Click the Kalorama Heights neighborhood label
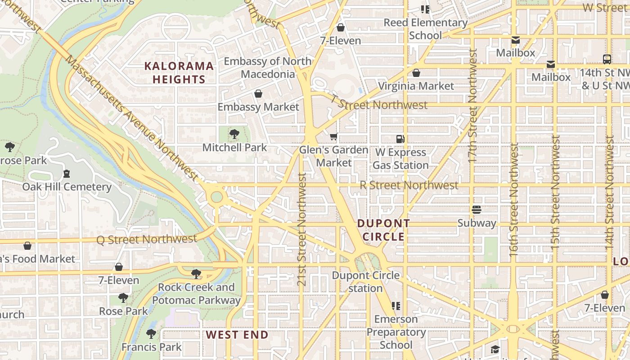179,73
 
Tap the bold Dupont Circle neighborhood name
383,230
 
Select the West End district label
237,335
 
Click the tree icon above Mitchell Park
234,134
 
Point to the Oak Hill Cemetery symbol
67,173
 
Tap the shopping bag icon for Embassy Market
258,94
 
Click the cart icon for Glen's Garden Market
333,137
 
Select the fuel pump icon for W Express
400,139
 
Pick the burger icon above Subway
477,210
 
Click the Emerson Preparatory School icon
396,306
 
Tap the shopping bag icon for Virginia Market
416,73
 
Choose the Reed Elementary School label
426,29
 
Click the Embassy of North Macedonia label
267,67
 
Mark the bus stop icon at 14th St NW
607,59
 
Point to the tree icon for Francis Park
151,334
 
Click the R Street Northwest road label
409,185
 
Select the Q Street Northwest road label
147,239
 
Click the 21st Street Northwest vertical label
302,229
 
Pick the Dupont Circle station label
365,282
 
